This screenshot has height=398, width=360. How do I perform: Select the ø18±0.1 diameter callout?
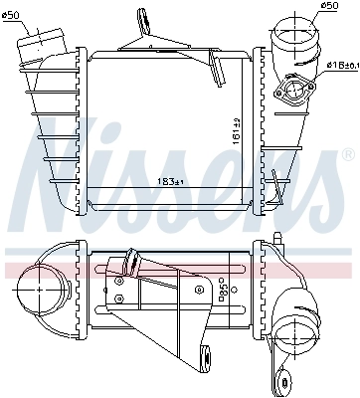(341, 66)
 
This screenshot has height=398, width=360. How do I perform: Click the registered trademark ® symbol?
(347, 156)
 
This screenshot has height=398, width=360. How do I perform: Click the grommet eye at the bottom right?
(291, 378)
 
